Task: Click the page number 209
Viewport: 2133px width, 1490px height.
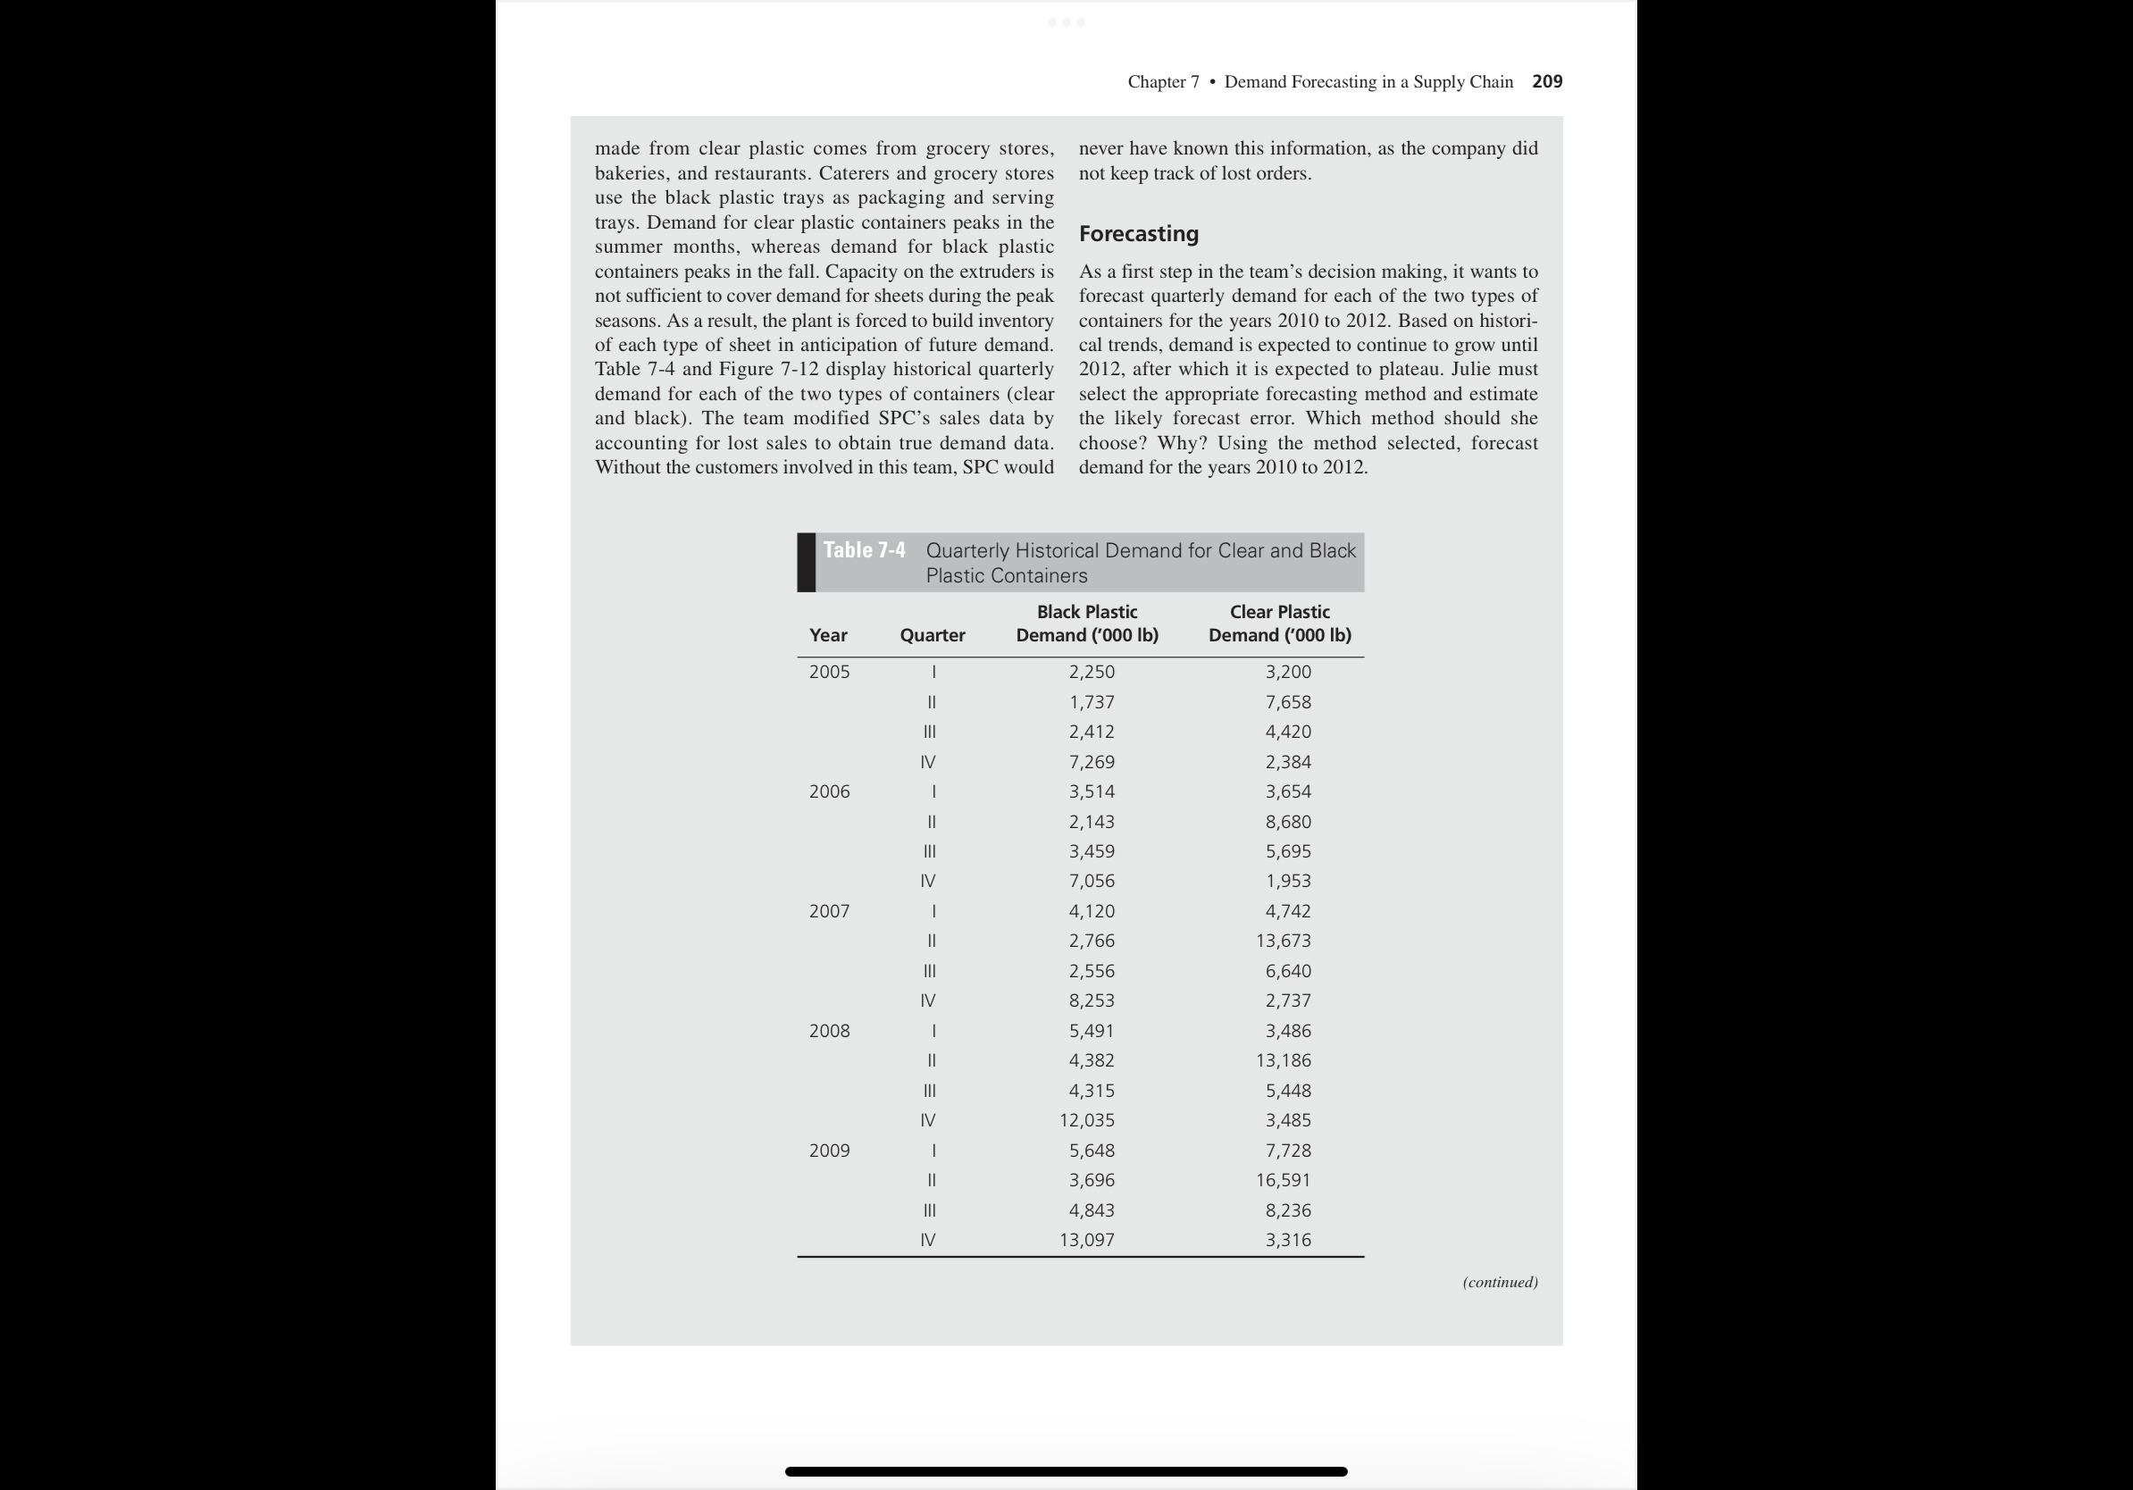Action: pyautogui.click(x=1547, y=82)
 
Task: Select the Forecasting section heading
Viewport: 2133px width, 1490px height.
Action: pyautogui.click(x=1138, y=234)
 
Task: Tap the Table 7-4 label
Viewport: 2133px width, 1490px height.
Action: pyautogui.click(x=864, y=550)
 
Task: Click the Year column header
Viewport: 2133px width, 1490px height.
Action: pyautogui.click(x=828, y=635)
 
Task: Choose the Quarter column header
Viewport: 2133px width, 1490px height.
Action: pyautogui.click(x=932, y=635)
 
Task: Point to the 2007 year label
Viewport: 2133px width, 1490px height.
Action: pyautogui.click(x=829, y=911)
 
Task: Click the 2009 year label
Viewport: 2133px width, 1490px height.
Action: pyautogui.click(x=829, y=1150)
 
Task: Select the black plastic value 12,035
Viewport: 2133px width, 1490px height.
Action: pyautogui.click(x=1086, y=1120)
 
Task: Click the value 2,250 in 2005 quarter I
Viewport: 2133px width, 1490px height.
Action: pyautogui.click(x=1091, y=672)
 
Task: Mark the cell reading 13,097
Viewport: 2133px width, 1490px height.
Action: pyautogui.click(x=1086, y=1239)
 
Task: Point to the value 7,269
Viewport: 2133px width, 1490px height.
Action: pyautogui.click(x=1091, y=762)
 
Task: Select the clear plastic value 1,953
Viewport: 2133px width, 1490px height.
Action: pyautogui.click(x=1288, y=881)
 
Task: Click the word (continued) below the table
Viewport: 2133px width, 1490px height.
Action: pyautogui.click(x=1500, y=1282)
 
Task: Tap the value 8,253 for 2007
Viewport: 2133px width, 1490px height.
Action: pyautogui.click(x=1091, y=1000)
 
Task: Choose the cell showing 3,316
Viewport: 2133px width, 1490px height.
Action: pyautogui.click(x=1288, y=1239)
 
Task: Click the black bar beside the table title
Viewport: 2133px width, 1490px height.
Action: pyautogui.click(x=807, y=562)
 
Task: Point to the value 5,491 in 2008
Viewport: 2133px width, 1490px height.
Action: pyautogui.click(x=1091, y=1031)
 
